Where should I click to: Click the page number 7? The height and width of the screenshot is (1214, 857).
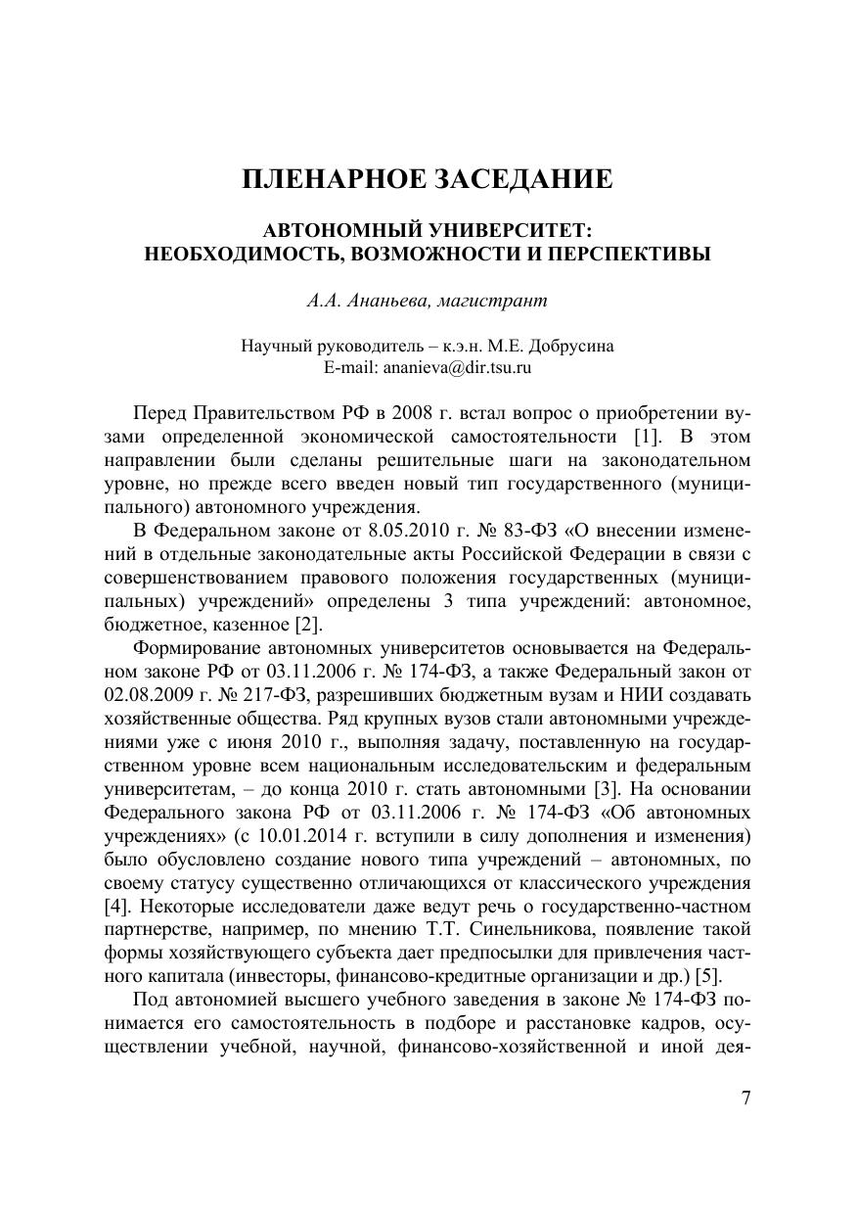tap(745, 1097)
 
